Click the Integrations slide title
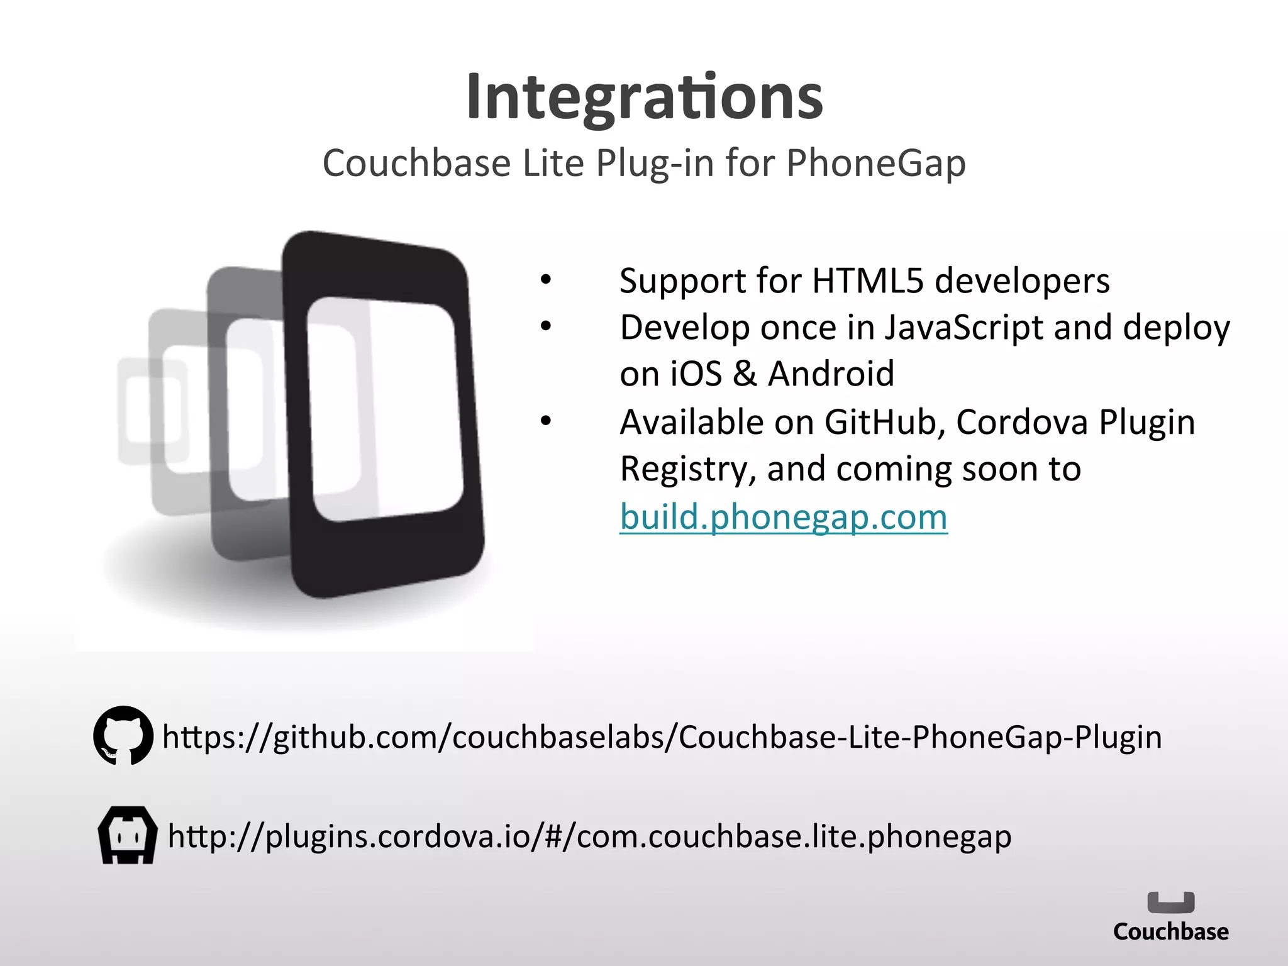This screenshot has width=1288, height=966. [x=644, y=97]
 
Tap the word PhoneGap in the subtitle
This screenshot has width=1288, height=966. [x=875, y=164]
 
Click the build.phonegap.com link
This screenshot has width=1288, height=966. [x=783, y=517]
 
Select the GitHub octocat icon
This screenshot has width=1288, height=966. [x=123, y=735]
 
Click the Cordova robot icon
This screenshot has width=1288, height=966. [x=128, y=835]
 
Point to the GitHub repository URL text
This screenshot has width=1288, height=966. [x=662, y=736]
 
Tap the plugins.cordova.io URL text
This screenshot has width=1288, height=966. [x=589, y=836]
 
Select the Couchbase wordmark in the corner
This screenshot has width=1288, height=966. [x=1170, y=931]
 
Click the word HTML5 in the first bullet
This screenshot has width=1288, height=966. [x=867, y=280]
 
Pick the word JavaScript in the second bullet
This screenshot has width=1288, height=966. [x=963, y=328]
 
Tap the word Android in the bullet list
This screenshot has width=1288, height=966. [x=831, y=374]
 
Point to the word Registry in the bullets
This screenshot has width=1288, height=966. [x=687, y=469]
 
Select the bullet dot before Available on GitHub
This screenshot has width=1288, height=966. [x=545, y=421]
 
